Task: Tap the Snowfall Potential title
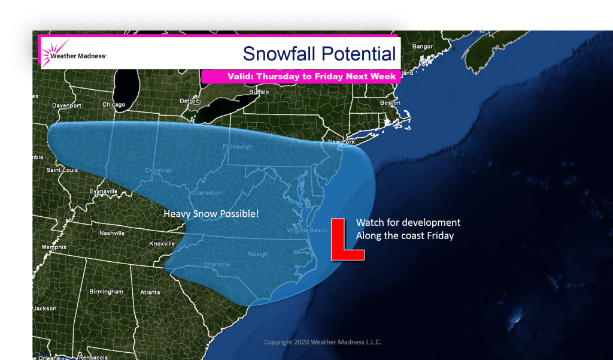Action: tap(319, 54)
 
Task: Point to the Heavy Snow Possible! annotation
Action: tap(211, 213)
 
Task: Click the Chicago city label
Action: tap(114, 105)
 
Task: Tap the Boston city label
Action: tap(390, 102)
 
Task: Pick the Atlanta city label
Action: tap(150, 292)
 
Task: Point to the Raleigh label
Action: tap(259, 254)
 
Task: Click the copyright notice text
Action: tap(323, 343)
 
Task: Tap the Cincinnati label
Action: tap(158, 171)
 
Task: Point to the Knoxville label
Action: tap(162, 244)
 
